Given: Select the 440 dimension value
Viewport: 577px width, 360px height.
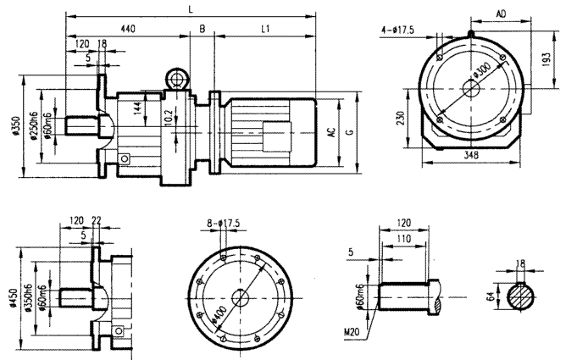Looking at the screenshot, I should (x=127, y=29).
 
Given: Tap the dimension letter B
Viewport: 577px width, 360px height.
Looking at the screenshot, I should (x=202, y=29).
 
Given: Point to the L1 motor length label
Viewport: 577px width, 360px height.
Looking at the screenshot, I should (x=265, y=29).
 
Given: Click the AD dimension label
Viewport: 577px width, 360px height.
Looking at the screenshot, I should (x=502, y=15).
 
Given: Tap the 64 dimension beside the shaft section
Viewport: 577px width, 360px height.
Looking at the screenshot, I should (x=491, y=297).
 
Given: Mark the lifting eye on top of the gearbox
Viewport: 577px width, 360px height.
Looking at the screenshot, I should (x=178, y=79).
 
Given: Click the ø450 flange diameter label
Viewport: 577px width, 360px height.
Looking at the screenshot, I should (x=14, y=297).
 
